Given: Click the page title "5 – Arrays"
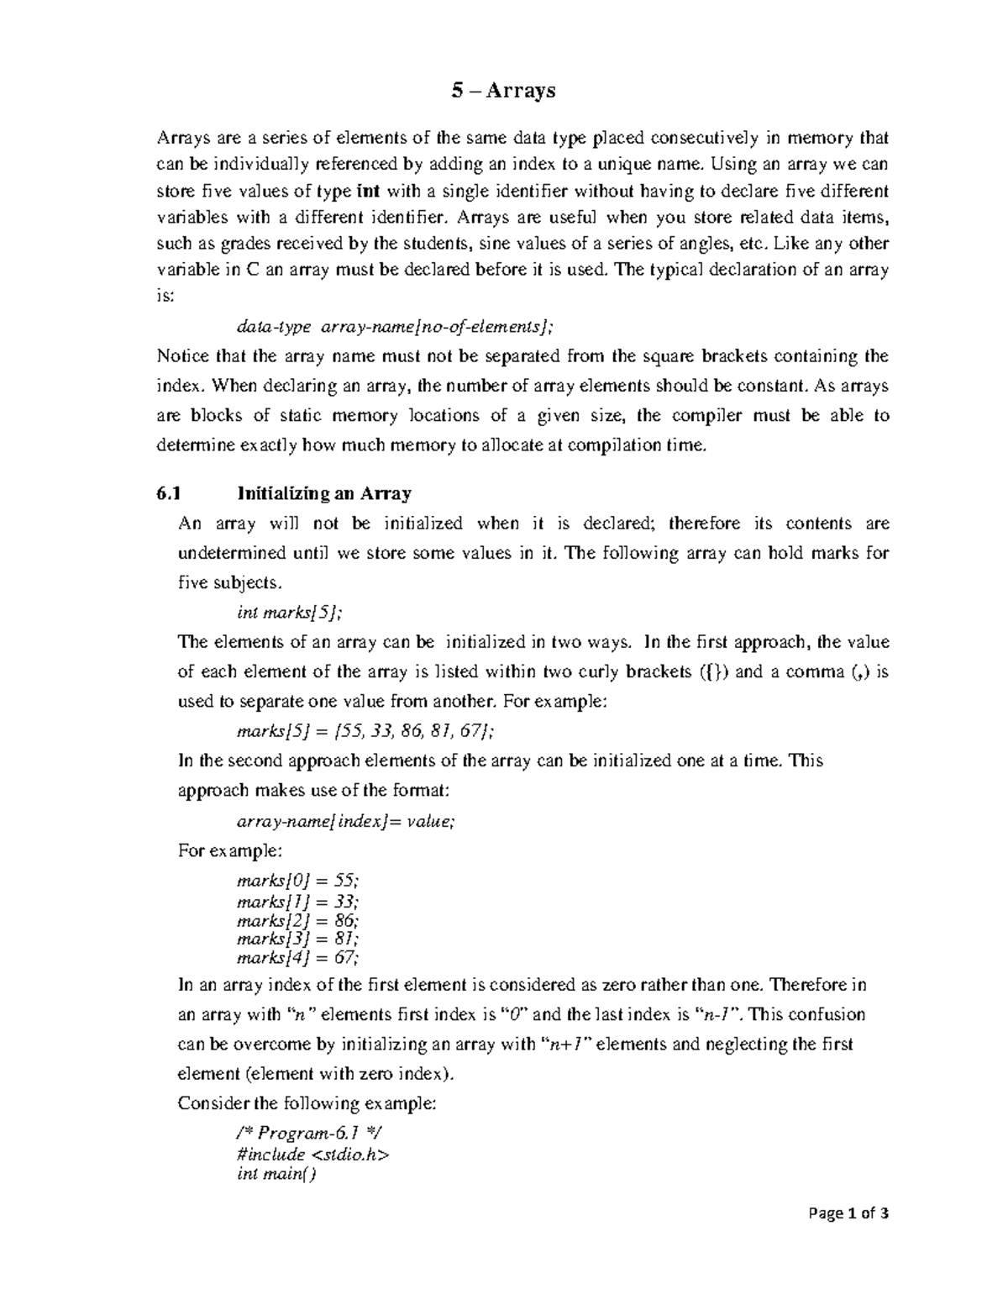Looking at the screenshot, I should click(x=503, y=90).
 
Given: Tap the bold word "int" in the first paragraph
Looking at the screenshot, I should click(x=368, y=191).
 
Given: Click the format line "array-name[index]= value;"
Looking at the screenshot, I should click(x=346, y=822).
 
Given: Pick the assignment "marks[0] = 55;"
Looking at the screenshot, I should click(x=298, y=881).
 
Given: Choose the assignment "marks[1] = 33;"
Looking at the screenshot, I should click(x=298, y=901).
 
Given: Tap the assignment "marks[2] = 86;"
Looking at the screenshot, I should click(x=298, y=920).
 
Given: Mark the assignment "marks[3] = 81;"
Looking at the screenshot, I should click(x=298, y=939).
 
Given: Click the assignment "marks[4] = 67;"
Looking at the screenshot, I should click(x=298, y=958).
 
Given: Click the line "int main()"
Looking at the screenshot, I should click(x=276, y=1174).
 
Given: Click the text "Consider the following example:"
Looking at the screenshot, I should click(x=307, y=1103).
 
